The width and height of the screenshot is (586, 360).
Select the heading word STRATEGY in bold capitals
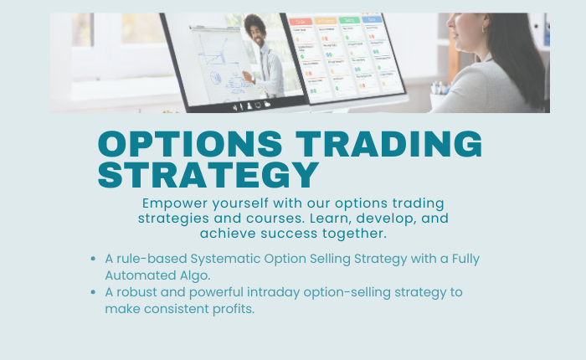pos(208,175)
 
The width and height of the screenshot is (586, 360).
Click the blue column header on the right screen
pos(371,18)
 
